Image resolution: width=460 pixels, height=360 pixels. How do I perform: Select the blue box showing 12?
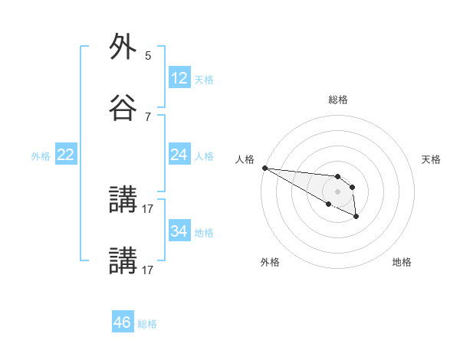(179, 78)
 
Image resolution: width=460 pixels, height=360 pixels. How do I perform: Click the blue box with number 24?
(179, 155)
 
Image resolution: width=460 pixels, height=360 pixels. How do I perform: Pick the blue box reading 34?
(179, 231)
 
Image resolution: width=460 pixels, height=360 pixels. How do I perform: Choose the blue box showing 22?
(66, 155)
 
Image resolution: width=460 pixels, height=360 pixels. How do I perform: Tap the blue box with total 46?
(123, 322)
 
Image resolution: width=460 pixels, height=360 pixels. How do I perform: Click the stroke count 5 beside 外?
(148, 56)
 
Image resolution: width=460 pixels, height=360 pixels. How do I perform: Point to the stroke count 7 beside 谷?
(148, 116)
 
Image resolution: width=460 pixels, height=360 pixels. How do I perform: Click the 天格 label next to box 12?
(204, 80)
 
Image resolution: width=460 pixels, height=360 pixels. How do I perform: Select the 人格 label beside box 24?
(204, 156)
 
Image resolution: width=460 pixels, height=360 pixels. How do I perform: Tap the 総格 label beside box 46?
(147, 324)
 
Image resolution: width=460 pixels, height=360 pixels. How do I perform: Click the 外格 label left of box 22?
(41, 156)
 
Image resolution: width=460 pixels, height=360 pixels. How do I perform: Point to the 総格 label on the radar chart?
(338, 100)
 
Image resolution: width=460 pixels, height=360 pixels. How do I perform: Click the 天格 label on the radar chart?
(431, 159)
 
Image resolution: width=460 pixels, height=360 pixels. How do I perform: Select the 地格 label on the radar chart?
(402, 262)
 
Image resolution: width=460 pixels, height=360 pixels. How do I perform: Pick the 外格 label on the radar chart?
(270, 262)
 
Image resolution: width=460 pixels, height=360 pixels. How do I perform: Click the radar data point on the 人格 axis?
(264, 168)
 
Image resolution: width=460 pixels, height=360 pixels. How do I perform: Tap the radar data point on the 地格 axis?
(356, 218)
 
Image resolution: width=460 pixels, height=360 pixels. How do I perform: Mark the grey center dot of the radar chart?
(337, 191)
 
